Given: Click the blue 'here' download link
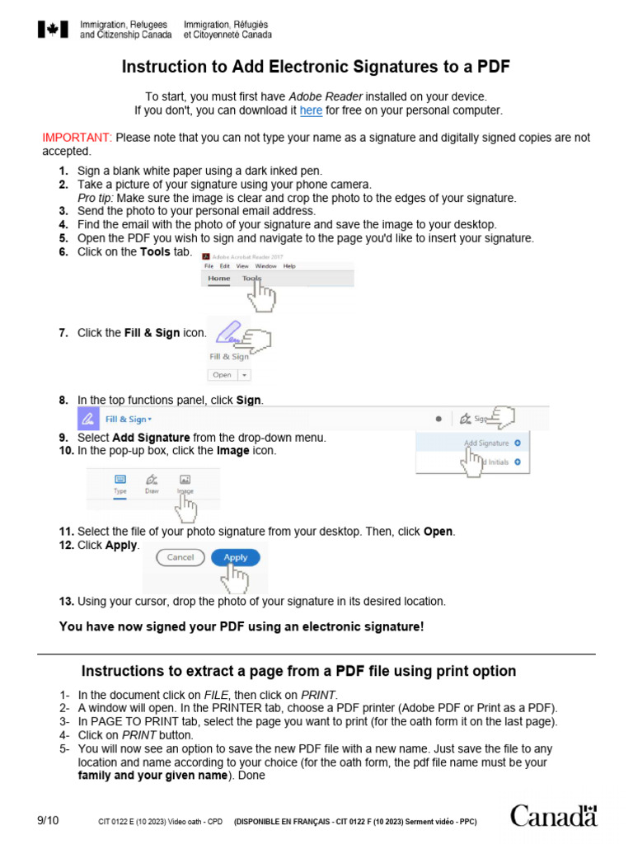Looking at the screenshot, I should click(311, 110).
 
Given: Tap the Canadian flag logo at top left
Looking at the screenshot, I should click(53, 30).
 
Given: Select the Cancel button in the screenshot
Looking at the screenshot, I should click(180, 557).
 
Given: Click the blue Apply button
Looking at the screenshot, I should click(236, 557).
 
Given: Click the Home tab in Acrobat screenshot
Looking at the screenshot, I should click(219, 279).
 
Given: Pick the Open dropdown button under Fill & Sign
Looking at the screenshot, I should click(228, 374).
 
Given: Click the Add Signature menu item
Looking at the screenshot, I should click(487, 443).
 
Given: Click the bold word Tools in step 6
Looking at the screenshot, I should click(155, 252).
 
